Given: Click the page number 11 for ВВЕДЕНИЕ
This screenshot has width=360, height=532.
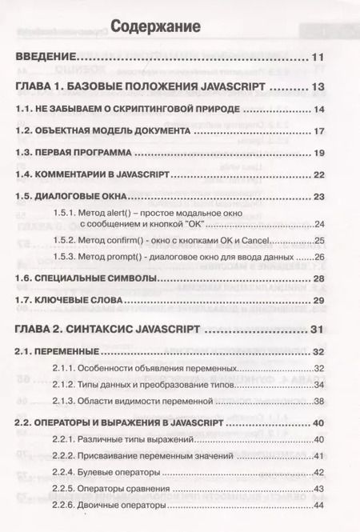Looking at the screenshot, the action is (x=317, y=58).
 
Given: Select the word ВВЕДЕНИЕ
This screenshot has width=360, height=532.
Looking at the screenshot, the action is (x=46, y=58).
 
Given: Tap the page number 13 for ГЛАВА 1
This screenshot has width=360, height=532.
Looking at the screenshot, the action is (x=317, y=87).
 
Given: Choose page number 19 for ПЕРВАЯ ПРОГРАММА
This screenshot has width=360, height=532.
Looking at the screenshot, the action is (x=318, y=153).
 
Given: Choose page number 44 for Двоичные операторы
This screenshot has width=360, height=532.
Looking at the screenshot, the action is (x=319, y=505).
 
